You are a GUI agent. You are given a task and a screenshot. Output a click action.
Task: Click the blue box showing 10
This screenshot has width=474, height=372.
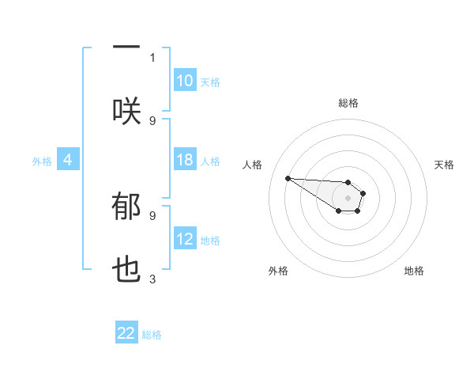coord(185,81)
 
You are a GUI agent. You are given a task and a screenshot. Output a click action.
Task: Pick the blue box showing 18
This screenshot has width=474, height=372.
coord(185,161)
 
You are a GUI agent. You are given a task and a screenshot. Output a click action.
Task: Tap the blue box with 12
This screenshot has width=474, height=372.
coord(185,240)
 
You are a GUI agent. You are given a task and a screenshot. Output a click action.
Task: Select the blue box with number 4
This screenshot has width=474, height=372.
coord(68,161)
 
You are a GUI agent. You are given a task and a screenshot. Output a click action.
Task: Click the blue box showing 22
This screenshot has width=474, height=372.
coord(126,334)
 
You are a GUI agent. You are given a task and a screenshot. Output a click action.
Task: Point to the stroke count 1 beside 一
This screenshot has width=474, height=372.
coord(152,57)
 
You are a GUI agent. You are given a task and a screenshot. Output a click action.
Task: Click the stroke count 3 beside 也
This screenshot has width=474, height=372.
coord(152,279)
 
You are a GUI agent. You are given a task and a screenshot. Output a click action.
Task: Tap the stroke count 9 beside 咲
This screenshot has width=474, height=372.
coord(152,120)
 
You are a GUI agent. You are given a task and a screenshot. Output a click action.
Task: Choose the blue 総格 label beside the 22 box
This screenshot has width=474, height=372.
coord(152,335)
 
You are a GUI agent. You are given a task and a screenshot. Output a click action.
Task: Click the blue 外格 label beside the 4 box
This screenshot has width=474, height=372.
coord(42,161)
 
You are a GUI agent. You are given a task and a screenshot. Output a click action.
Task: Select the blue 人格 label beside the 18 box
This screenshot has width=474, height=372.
coord(210,161)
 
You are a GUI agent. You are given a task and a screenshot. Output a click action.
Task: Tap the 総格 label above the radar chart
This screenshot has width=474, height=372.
coord(348,103)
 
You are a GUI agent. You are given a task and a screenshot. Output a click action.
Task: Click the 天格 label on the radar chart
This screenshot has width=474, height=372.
coord(444,165)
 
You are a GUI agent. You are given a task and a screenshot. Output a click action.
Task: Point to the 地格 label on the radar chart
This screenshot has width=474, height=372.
coord(414,271)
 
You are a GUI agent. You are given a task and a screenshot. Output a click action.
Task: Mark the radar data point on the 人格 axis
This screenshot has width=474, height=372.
coord(288,178)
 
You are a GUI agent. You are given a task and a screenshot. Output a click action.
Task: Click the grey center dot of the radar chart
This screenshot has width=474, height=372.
coord(348,197)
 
